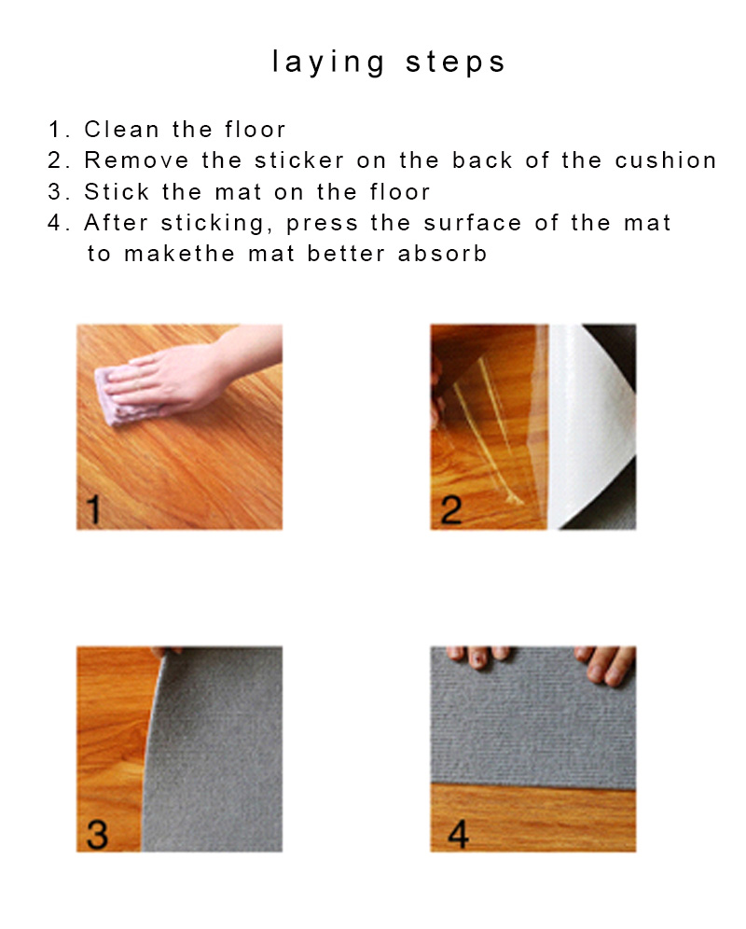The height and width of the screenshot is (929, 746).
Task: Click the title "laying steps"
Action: (x=389, y=62)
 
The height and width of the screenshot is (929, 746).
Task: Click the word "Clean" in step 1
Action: (x=121, y=129)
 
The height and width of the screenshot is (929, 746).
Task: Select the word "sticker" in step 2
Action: (x=299, y=160)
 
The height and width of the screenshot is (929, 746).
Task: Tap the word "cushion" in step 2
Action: (x=666, y=160)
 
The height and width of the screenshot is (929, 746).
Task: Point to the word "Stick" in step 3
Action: (x=117, y=191)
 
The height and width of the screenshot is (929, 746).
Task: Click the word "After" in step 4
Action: (x=117, y=223)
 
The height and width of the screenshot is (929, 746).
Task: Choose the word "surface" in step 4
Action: (x=472, y=223)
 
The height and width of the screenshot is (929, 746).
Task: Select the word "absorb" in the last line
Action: (x=442, y=254)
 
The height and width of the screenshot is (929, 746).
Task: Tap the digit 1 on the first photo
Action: (x=93, y=509)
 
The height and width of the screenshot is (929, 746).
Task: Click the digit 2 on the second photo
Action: (x=451, y=510)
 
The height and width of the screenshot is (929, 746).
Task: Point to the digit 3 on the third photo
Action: (x=97, y=834)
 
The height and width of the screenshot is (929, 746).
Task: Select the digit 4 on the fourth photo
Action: (x=458, y=834)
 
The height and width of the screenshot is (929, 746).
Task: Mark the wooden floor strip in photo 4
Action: (x=533, y=818)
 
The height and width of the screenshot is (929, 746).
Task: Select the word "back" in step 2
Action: (x=482, y=160)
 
